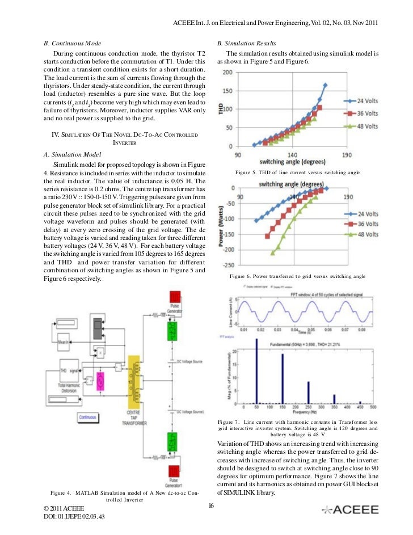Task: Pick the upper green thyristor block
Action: click(x=174, y=328)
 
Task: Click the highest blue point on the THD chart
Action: click(x=325, y=86)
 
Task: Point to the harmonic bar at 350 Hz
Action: click(x=334, y=398)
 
